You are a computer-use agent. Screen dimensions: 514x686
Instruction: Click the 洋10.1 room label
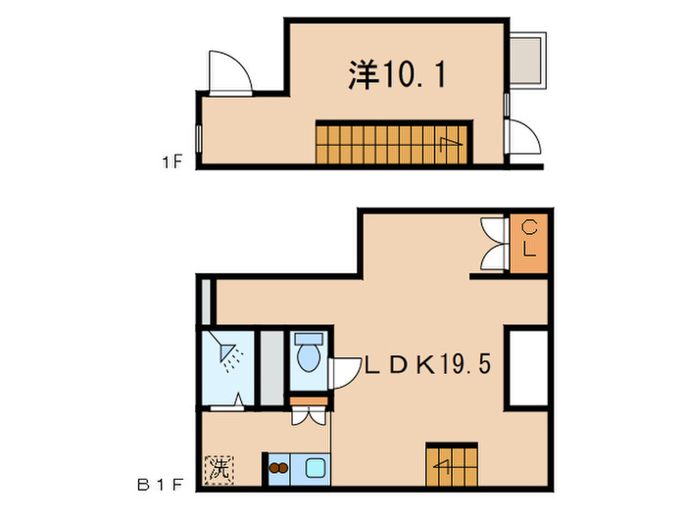pyautogui.click(x=397, y=74)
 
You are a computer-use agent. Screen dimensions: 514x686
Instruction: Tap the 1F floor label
pyautogui.click(x=173, y=163)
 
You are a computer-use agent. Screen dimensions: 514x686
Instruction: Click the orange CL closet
pyautogui.click(x=528, y=242)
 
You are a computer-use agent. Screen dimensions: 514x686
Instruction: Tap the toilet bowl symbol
pyautogui.click(x=308, y=353)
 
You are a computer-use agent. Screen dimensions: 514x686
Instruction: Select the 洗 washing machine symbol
pyautogui.click(x=218, y=469)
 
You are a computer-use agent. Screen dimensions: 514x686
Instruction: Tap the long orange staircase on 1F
pyautogui.click(x=392, y=143)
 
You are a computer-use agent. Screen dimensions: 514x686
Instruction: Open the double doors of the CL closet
pyautogui.click(x=493, y=242)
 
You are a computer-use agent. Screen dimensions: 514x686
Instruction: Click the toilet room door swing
pyautogui.click(x=346, y=373)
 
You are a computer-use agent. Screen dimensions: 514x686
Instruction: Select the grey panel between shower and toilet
pyautogui.click(x=271, y=367)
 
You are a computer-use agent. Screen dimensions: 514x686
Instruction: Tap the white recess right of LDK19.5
pyautogui.click(x=527, y=368)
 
